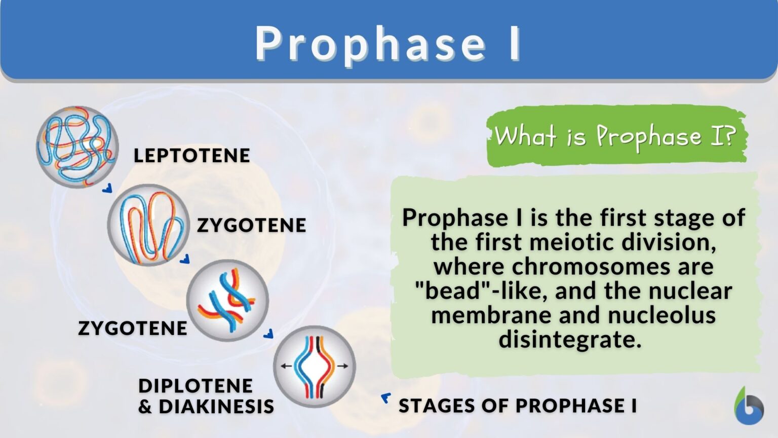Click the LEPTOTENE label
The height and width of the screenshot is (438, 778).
[x=191, y=156]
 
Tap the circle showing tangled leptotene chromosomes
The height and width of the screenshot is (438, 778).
[x=77, y=147]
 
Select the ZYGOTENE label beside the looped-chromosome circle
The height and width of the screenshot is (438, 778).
[x=251, y=225]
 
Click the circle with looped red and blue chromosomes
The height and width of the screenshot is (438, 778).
[x=148, y=225]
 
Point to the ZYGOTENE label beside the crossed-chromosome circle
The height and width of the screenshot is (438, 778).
[x=133, y=328]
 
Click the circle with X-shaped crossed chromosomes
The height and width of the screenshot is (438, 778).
[x=227, y=300]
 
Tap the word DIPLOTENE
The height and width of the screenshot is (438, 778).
[x=196, y=386]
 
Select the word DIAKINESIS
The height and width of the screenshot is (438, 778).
[x=216, y=407]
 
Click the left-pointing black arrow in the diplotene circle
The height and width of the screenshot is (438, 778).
[x=286, y=366]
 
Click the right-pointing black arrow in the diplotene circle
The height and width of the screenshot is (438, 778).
[x=343, y=366]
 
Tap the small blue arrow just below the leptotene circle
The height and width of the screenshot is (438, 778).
[x=107, y=189]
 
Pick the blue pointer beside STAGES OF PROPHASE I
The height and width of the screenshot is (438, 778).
[x=386, y=398]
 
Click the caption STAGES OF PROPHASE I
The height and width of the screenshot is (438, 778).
[x=518, y=406]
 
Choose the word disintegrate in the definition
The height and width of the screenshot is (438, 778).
[x=570, y=339]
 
